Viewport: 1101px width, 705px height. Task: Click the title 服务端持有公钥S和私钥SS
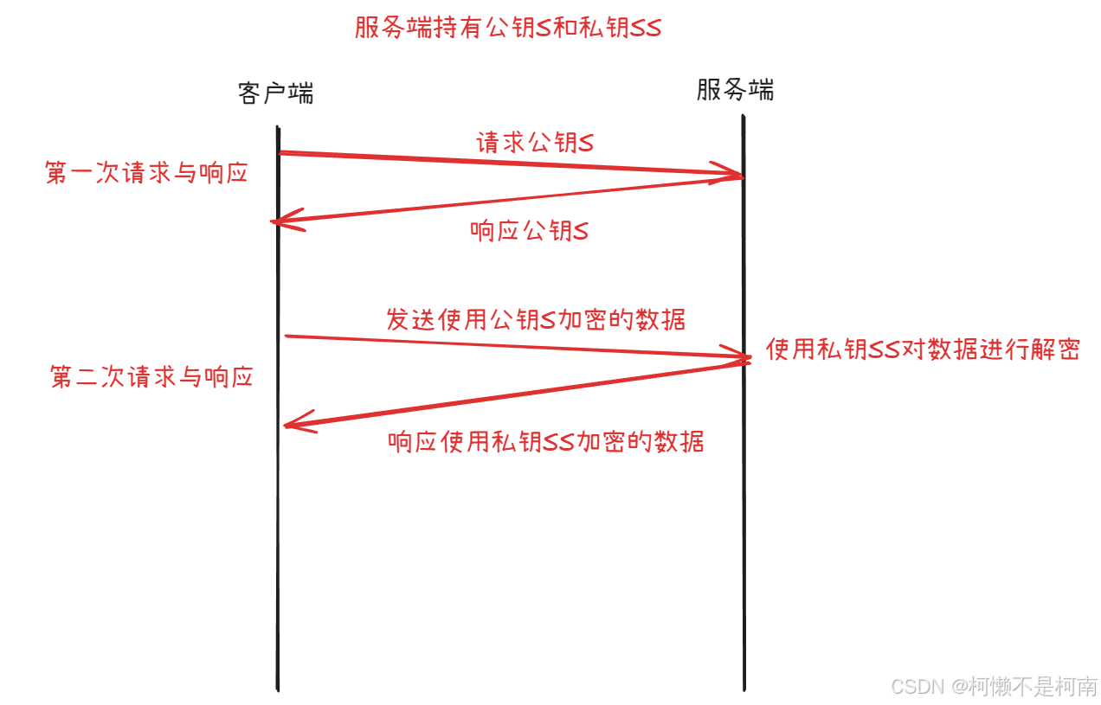(x=507, y=28)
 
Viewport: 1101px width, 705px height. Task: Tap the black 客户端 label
(x=275, y=93)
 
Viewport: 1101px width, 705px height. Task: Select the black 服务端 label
(x=735, y=90)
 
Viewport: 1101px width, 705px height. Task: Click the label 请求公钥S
(x=535, y=143)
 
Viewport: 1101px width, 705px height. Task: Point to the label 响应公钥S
(x=529, y=231)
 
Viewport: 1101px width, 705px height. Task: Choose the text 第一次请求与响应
(x=146, y=173)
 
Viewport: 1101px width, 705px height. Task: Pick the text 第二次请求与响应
(x=151, y=377)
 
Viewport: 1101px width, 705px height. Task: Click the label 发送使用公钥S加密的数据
(x=536, y=319)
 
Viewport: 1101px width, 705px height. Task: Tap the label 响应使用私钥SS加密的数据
(x=546, y=442)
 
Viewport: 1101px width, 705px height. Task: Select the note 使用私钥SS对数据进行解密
(x=923, y=349)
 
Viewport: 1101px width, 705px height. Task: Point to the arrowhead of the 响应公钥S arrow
(x=280, y=221)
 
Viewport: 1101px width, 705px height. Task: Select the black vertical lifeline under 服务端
(x=744, y=519)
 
